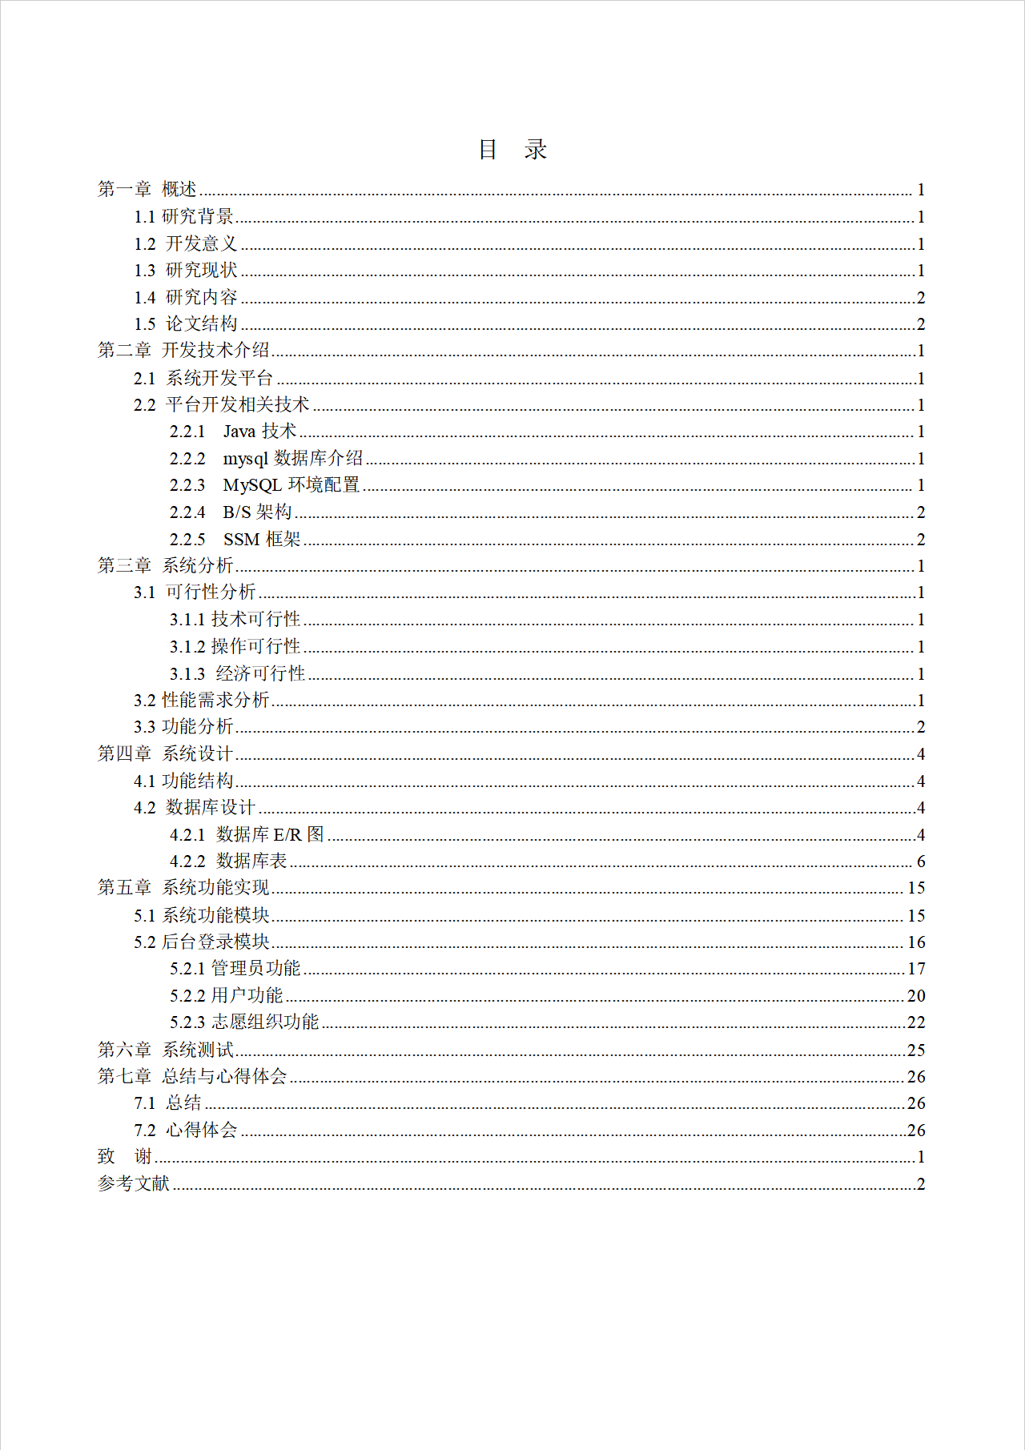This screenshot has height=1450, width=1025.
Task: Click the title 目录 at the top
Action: click(x=512, y=150)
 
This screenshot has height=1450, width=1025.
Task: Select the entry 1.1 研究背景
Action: click(x=183, y=216)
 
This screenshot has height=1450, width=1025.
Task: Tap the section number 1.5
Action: click(x=144, y=324)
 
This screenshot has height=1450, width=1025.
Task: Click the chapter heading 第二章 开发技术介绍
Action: click(x=183, y=351)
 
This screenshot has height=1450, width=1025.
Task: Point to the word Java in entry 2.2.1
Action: click(x=239, y=432)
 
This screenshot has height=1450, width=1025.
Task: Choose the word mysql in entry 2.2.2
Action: click(x=245, y=459)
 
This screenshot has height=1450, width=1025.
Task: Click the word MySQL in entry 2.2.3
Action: click(x=252, y=485)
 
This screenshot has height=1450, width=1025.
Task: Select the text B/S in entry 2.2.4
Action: click(x=237, y=512)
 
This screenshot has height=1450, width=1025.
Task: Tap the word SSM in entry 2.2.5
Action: click(x=241, y=540)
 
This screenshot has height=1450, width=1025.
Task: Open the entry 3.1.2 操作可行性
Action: click(x=235, y=646)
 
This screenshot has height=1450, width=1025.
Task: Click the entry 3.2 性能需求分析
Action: click(x=201, y=701)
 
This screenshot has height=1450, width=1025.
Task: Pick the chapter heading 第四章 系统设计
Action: click(x=165, y=754)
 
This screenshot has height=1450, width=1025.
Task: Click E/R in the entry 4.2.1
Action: click(x=287, y=835)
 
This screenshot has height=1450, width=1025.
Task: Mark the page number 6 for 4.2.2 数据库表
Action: click(x=921, y=862)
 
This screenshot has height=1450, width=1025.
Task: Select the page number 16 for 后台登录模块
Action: click(x=916, y=942)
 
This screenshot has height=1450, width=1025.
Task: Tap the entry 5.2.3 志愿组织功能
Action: click(x=244, y=1022)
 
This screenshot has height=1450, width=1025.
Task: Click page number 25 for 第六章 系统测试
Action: click(x=916, y=1050)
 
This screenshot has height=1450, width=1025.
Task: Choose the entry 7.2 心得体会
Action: click(x=185, y=1131)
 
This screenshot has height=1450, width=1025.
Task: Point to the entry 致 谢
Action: click(x=125, y=1157)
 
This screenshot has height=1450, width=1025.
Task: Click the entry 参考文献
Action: click(x=134, y=1183)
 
